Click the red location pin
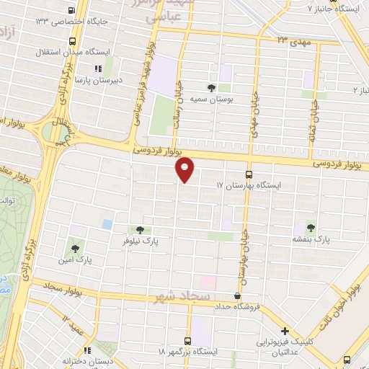(x=185, y=169)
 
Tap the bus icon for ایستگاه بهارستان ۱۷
(x=249, y=174)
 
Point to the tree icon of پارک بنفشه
(x=311, y=226)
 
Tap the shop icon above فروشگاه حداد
(x=238, y=295)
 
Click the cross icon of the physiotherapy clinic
(x=286, y=330)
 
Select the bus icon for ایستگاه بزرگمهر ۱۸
(x=188, y=340)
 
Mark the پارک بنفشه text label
(x=311, y=237)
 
